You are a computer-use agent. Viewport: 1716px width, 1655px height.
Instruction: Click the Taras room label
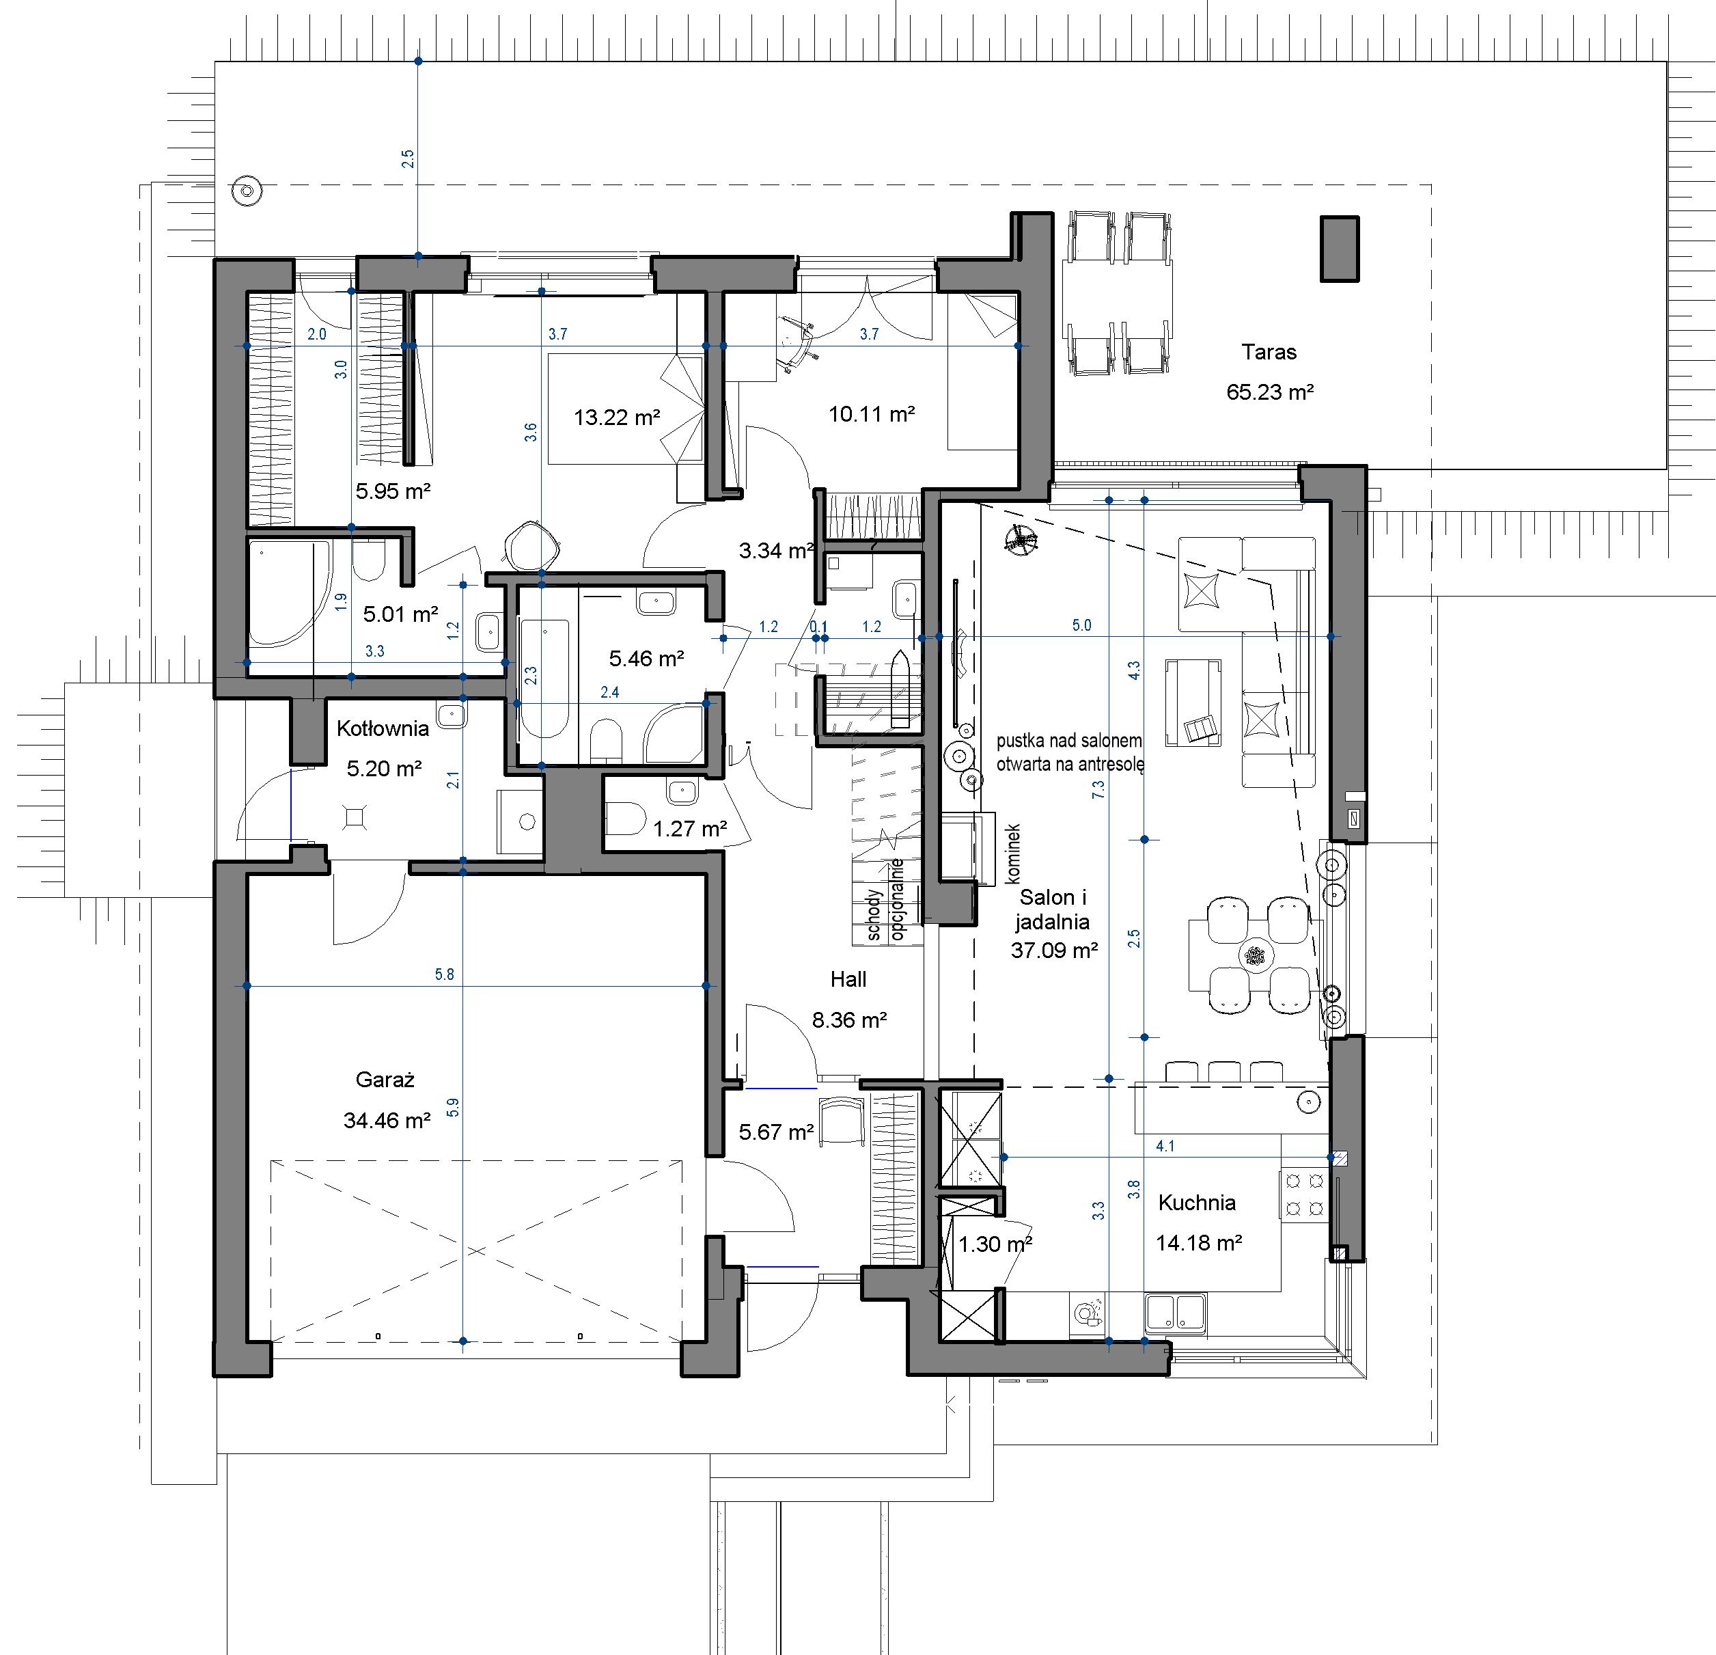pyautogui.click(x=1269, y=353)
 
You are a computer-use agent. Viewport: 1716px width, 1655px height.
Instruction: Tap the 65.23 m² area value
pyautogui.click(x=1269, y=392)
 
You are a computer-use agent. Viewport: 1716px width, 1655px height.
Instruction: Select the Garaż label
pyautogui.click(x=385, y=1080)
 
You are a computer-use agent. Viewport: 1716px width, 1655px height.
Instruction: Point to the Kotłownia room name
pyautogui.click(x=383, y=728)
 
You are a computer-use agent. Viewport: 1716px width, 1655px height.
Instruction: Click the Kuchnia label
pyautogui.click(x=1197, y=1202)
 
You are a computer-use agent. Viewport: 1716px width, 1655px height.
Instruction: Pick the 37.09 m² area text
pyautogui.click(x=1054, y=950)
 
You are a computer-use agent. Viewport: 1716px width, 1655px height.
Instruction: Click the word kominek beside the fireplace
pyautogui.click(x=1014, y=852)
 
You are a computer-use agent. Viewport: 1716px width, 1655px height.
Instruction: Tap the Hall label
pyautogui.click(x=848, y=979)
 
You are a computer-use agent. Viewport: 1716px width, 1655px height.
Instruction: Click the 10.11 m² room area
pyautogui.click(x=872, y=414)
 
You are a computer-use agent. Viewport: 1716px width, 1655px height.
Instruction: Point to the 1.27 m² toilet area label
pyautogui.click(x=690, y=827)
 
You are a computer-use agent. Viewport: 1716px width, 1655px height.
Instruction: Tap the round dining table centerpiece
pyautogui.click(x=1256, y=955)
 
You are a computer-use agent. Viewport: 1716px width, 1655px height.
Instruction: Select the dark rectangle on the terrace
pyautogui.click(x=1340, y=249)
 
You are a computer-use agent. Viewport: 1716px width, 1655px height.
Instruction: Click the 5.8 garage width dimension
pyautogui.click(x=445, y=974)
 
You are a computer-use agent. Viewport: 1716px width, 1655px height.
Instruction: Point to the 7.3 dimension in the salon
pyautogui.click(x=1098, y=788)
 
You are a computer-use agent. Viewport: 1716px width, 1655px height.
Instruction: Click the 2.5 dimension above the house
pyautogui.click(x=407, y=159)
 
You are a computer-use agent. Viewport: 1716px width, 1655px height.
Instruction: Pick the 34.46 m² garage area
pyautogui.click(x=387, y=1120)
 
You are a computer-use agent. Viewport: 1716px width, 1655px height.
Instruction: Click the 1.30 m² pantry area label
pyautogui.click(x=995, y=1244)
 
